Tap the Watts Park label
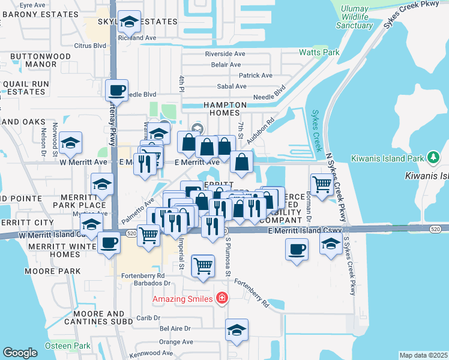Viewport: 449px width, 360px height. point(319,52)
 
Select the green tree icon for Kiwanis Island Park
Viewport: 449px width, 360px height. point(432,158)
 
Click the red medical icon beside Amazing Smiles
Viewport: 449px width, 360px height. point(222,298)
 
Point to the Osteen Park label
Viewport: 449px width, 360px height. point(67,346)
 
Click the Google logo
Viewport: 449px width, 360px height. point(20,353)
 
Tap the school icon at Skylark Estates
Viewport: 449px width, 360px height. point(129,22)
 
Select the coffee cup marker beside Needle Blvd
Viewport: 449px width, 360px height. point(116,91)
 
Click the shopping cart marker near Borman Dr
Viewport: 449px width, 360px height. point(322,184)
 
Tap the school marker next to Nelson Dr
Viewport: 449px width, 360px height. point(71,143)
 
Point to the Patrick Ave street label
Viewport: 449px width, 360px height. point(256,76)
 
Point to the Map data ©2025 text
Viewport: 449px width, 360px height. point(423,355)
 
